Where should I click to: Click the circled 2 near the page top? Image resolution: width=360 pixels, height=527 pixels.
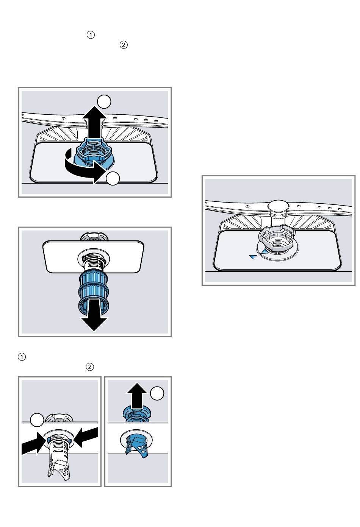[123, 45]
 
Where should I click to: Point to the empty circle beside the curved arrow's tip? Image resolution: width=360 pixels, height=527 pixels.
[113, 179]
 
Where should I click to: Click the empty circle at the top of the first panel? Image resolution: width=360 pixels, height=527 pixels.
[104, 102]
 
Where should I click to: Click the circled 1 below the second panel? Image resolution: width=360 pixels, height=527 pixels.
[22, 357]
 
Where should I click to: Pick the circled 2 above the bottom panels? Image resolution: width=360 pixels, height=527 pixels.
[90, 367]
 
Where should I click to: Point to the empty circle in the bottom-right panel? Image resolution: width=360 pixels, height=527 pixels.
[157, 394]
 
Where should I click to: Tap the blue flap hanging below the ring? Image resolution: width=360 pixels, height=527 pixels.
[140, 446]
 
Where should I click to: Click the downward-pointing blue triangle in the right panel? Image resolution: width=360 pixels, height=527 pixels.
[253, 257]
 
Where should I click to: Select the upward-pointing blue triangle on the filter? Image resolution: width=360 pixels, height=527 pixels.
[265, 250]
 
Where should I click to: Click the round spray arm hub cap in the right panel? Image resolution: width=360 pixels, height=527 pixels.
[278, 207]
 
